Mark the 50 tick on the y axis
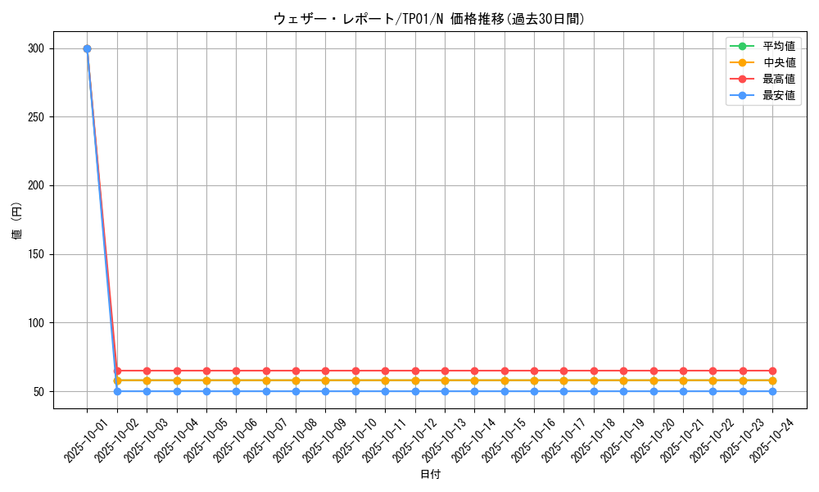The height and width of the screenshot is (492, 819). click(38, 391)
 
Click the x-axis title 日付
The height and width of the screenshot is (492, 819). click(430, 475)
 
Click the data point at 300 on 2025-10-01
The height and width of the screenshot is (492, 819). click(87, 48)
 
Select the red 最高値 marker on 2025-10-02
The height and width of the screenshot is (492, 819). click(117, 371)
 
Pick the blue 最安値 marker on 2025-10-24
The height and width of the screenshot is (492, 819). click(772, 391)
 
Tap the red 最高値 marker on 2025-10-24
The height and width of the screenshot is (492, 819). click(772, 371)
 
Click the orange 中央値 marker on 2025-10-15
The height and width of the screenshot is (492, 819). click(505, 380)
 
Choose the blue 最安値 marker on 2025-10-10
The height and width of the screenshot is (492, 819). click(355, 391)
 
